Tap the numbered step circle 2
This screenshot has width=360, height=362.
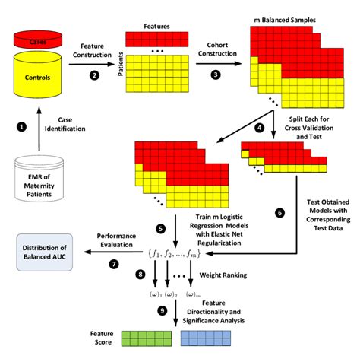tap(94, 75)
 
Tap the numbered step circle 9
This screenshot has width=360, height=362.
tap(160, 310)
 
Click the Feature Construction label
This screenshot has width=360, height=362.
tap(94, 51)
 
